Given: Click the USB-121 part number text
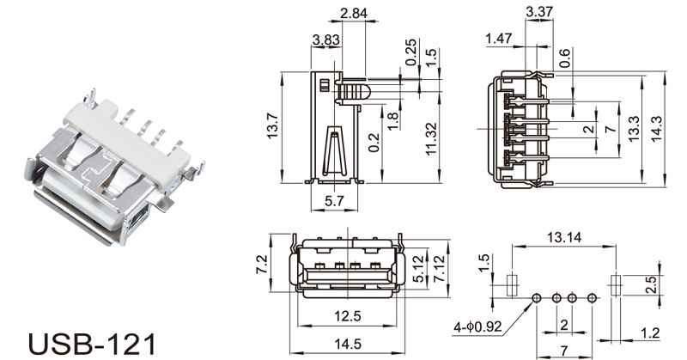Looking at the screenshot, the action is tap(92, 344).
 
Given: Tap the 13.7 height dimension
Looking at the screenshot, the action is tap(272, 126).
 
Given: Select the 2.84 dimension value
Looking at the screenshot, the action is tap(354, 14).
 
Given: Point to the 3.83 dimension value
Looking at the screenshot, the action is tap(326, 40).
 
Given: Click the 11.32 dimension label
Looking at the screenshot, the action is tap(431, 138).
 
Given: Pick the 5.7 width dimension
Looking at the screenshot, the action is tap(334, 201).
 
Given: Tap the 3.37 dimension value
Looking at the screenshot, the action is tap(539, 12).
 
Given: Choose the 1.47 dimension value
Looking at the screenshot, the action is tap(499, 39).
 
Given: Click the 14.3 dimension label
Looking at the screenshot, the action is tap(656, 129).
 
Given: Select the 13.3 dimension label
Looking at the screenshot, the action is tap(634, 129).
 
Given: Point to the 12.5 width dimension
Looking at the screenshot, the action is tap(348, 315).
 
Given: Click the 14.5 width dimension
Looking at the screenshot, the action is tap(348, 345).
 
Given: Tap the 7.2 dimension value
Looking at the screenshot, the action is tap(261, 265).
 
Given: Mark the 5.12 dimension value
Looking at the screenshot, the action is tap(419, 269).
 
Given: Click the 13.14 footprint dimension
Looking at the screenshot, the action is tap(564, 238).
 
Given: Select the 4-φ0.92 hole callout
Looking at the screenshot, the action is tap(477, 326).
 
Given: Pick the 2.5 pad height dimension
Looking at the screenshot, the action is tap(651, 284).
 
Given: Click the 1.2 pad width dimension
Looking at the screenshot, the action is tap(650, 333).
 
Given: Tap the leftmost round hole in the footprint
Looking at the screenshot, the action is tap(536, 299).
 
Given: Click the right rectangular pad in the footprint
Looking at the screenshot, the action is tap(616, 285).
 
